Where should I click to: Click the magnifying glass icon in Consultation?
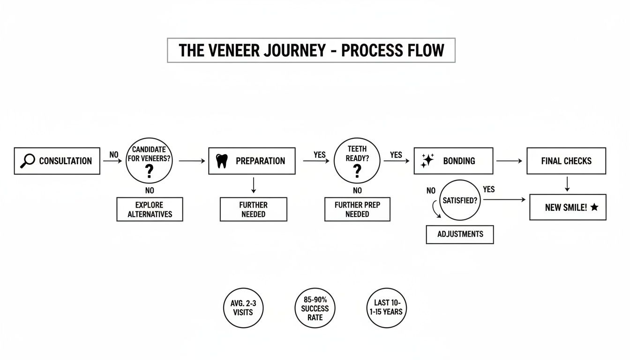coord(28,161)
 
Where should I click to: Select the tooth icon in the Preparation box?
coord(222,161)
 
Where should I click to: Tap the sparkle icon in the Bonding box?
coord(427,160)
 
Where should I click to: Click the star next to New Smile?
coord(594,207)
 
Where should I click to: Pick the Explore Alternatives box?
coord(150,210)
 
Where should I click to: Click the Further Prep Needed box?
coord(357,210)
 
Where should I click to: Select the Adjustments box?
coord(459,234)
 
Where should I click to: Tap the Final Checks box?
coord(566,161)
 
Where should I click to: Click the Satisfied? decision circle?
coord(461,200)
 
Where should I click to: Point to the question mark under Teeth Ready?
coord(357,171)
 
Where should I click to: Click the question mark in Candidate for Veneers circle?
coord(149,172)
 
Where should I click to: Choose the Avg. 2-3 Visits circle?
coord(243,308)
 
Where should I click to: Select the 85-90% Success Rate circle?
coord(315,308)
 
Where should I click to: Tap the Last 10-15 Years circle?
coord(387,308)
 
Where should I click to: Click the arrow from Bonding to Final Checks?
coord(509,161)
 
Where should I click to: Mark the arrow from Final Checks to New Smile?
coord(567,184)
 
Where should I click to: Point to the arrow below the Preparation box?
coord(254,185)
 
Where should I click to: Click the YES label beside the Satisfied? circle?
coord(488,189)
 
